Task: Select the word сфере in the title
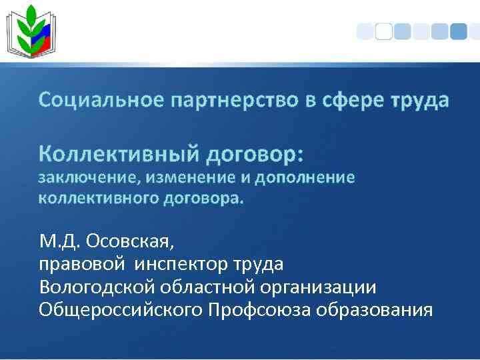(x=354, y=101)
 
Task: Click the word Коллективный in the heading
(x=119, y=154)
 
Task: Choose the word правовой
(x=81, y=264)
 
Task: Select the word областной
(x=213, y=287)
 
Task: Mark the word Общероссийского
(x=121, y=310)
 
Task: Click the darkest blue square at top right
(x=458, y=31)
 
